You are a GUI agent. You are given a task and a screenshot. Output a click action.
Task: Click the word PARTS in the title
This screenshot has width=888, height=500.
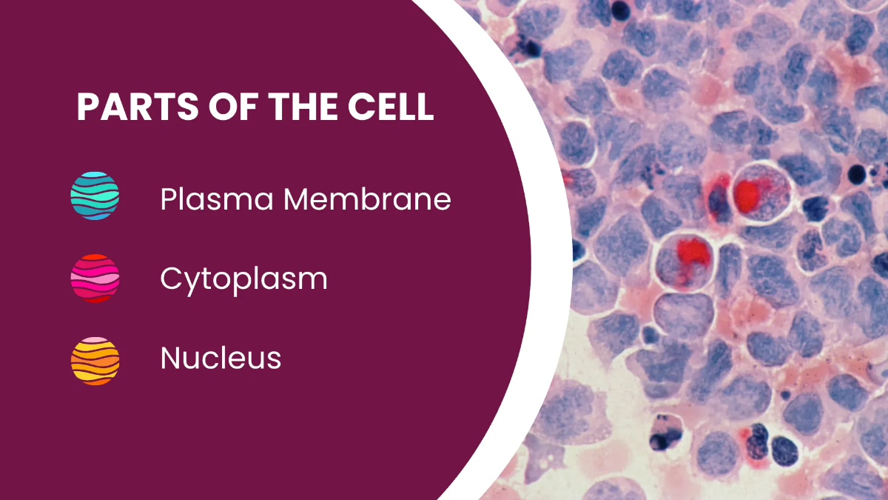[137, 107]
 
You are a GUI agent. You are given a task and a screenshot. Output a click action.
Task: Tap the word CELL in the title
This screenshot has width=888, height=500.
[391, 107]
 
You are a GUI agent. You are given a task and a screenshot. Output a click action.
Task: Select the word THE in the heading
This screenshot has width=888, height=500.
[303, 107]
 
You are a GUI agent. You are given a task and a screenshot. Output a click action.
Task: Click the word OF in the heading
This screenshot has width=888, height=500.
[233, 107]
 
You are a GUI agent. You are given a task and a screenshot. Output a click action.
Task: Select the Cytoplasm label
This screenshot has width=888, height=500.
[243, 280]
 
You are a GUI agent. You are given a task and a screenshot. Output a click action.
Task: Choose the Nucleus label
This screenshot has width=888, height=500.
[221, 358]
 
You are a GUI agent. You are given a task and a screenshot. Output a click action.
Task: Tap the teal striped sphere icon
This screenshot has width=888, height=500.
[95, 196]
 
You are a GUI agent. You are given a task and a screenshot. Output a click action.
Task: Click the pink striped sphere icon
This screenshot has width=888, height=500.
[95, 279]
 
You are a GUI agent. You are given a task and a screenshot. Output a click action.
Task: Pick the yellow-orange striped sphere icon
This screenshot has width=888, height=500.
[95, 361]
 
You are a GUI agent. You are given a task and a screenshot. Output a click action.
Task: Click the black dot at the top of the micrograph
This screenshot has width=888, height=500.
[621, 10]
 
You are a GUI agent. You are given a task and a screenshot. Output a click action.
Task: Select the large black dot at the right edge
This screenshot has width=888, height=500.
[857, 175]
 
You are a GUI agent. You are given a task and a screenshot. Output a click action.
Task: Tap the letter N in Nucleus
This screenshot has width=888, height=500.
[171, 358]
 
